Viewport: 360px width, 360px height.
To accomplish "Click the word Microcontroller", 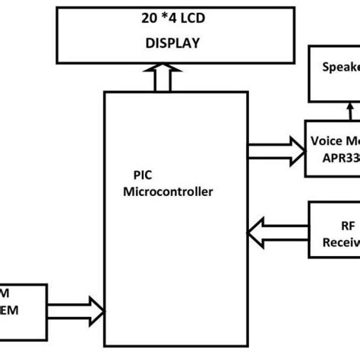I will click(x=168, y=192).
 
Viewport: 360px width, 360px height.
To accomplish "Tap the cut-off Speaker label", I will click(x=339, y=65).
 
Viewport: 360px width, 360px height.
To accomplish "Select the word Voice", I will click(x=327, y=141).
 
